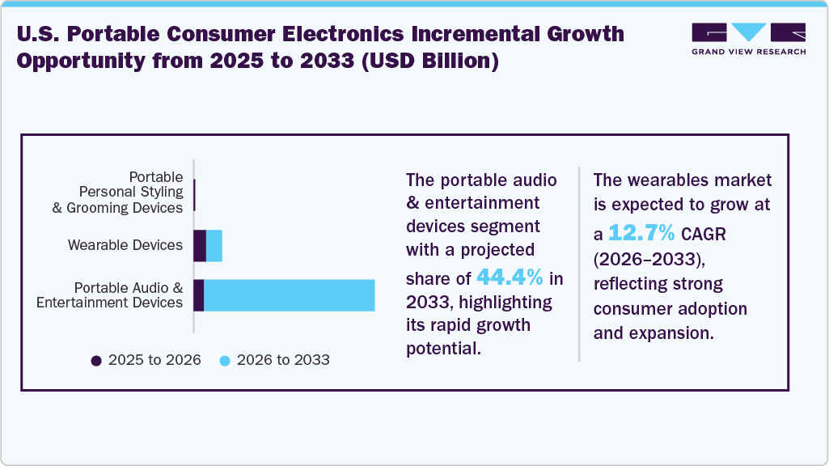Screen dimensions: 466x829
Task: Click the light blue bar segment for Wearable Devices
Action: pos(214,245)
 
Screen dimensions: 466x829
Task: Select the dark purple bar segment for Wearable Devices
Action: pos(200,245)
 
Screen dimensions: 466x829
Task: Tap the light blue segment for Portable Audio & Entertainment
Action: pos(289,295)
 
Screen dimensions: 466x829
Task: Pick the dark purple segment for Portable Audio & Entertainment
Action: pos(198,295)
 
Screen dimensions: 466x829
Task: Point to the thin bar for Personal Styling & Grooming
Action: pos(195,195)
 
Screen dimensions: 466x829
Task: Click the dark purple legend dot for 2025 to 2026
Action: pos(97,360)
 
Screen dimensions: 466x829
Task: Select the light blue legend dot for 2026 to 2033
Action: pos(225,360)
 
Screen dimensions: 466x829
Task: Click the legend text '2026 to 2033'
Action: pos(283,360)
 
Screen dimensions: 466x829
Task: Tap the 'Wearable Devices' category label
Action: pos(125,245)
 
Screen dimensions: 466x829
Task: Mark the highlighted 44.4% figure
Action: pos(510,277)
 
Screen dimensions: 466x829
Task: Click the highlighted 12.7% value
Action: pos(641,233)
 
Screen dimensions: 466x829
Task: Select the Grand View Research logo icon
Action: pos(748,32)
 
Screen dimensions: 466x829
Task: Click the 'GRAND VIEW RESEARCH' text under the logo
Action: pos(748,52)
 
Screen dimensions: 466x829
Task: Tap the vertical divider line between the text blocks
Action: pos(579,263)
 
